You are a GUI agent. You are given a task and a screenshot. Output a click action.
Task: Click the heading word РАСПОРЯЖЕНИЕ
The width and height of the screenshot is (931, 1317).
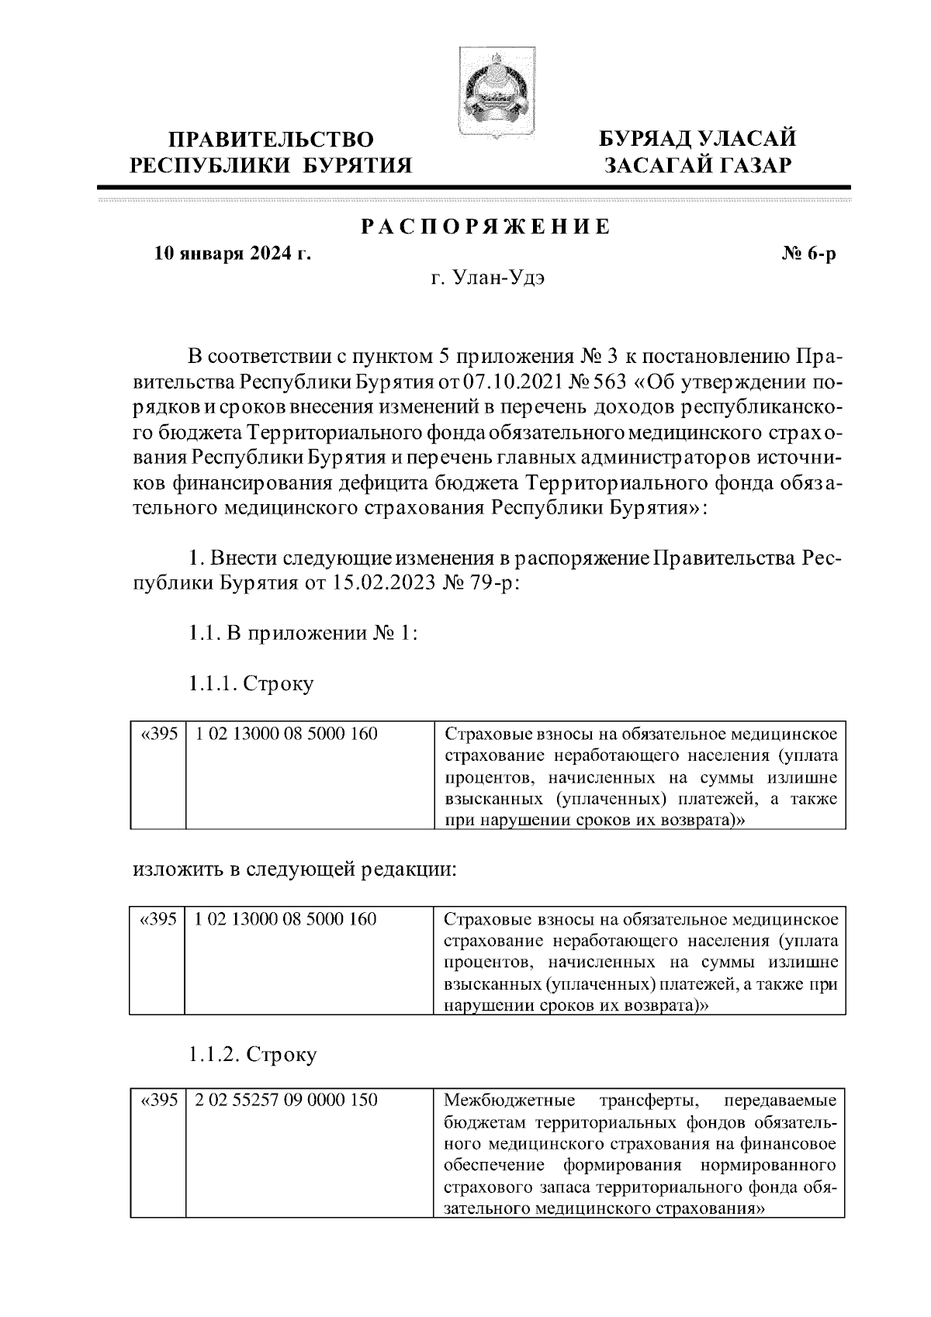(486, 226)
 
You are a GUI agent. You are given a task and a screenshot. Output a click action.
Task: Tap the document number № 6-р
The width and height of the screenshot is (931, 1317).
(807, 254)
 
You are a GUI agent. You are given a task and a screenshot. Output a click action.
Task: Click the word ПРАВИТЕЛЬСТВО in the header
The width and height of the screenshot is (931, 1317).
(272, 140)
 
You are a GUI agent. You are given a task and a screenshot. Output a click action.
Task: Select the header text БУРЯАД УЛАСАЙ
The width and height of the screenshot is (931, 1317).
(697, 140)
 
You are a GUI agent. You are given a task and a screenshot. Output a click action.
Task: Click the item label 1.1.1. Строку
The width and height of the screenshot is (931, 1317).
(251, 683)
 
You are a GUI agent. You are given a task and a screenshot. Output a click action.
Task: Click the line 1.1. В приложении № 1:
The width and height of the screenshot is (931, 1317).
(303, 633)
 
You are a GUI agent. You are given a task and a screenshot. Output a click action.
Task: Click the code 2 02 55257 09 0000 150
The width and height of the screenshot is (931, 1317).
(286, 1101)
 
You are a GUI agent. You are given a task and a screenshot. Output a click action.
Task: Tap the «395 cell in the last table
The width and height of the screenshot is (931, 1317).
(158, 1101)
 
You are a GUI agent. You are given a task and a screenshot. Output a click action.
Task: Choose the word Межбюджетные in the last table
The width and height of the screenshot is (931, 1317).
(508, 1101)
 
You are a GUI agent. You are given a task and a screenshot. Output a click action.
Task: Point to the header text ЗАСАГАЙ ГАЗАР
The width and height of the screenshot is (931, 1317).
(697, 165)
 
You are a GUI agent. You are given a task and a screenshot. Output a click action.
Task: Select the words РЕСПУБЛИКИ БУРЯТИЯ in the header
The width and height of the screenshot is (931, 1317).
(272, 165)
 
